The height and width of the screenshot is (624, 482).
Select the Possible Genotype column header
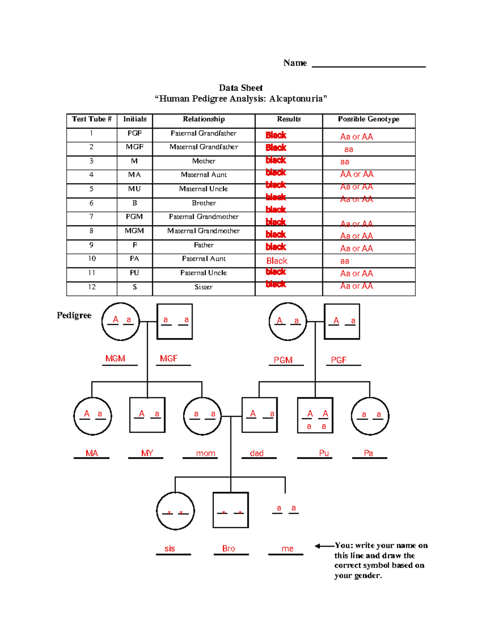pyautogui.click(x=368, y=119)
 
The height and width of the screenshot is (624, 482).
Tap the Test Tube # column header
pyautogui.click(x=92, y=119)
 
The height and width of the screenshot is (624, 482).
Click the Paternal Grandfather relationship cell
pyautogui.click(x=203, y=133)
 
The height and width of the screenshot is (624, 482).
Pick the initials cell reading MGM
pyautogui.click(x=134, y=231)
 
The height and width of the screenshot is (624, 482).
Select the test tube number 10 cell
pyautogui.click(x=92, y=259)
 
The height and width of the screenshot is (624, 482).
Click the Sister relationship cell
pyautogui.click(x=203, y=287)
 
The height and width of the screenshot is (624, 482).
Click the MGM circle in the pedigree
pyautogui.click(x=120, y=321)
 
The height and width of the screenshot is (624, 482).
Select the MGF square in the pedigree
pyautogui.click(x=174, y=321)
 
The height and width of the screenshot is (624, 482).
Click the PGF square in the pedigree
pyautogui.click(x=342, y=321)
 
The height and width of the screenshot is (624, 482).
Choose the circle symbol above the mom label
pyautogui.click(x=202, y=416)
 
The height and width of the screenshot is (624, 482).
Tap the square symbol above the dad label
pyautogui.click(x=259, y=415)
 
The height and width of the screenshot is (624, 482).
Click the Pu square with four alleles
pyautogui.click(x=315, y=415)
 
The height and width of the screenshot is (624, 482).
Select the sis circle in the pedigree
pyautogui.click(x=175, y=511)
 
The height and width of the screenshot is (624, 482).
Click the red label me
pyautogui.click(x=287, y=549)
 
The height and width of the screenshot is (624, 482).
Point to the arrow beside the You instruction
pyautogui.click(x=324, y=546)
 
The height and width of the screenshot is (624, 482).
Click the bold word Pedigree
pyautogui.click(x=74, y=315)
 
